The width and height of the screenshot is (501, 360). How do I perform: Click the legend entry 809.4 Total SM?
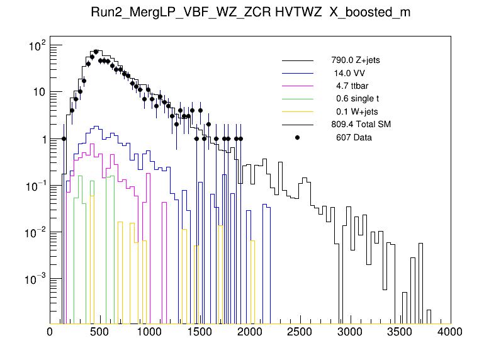point(361,125)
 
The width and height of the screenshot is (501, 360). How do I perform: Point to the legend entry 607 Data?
point(353,137)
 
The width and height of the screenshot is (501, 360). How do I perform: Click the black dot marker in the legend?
point(297,137)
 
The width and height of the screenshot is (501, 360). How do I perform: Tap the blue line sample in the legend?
point(297,73)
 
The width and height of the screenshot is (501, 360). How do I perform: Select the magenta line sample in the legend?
point(297,86)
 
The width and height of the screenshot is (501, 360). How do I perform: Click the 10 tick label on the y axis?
point(38,93)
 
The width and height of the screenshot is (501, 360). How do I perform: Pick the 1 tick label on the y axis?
point(42,139)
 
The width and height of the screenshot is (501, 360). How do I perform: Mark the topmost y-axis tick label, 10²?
point(38,46)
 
